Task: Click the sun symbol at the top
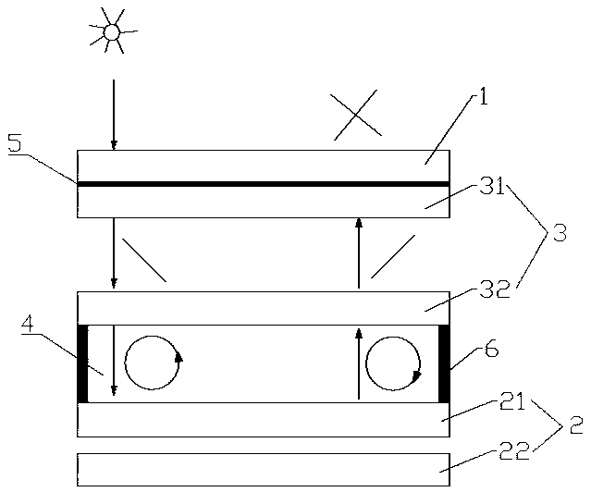111,32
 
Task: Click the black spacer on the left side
82,363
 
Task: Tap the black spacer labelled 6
444,363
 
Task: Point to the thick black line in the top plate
264,184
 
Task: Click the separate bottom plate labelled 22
264,469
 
